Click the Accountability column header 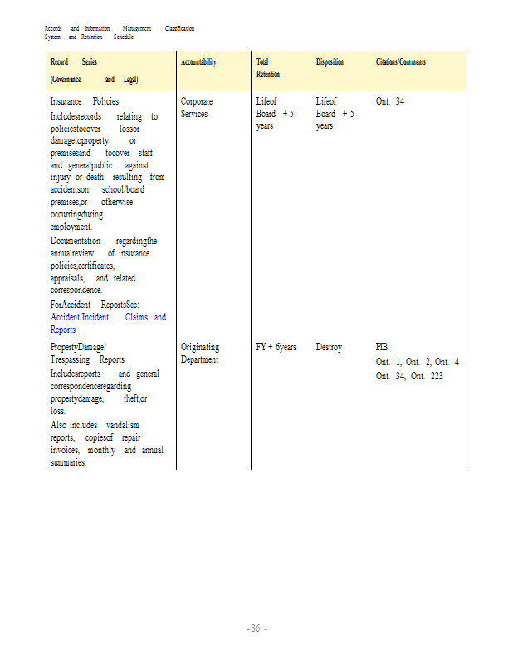click(x=198, y=62)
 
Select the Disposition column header click(x=330, y=62)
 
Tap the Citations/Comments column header click(x=401, y=62)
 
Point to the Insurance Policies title click(x=85, y=101)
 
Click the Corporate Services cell click(x=196, y=107)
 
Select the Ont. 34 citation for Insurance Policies click(x=390, y=101)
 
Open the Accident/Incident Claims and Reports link click(x=108, y=323)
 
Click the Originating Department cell click(x=200, y=353)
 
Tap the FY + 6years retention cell click(x=276, y=347)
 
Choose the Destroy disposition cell click(x=329, y=347)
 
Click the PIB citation click(x=382, y=347)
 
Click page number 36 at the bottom click(x=256, y=628)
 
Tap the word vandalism click(x=123, y=425)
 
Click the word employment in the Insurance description click(x=71, y=227)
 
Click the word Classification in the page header click(x=179, y=28)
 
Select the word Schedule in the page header click(x=123, y=37)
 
